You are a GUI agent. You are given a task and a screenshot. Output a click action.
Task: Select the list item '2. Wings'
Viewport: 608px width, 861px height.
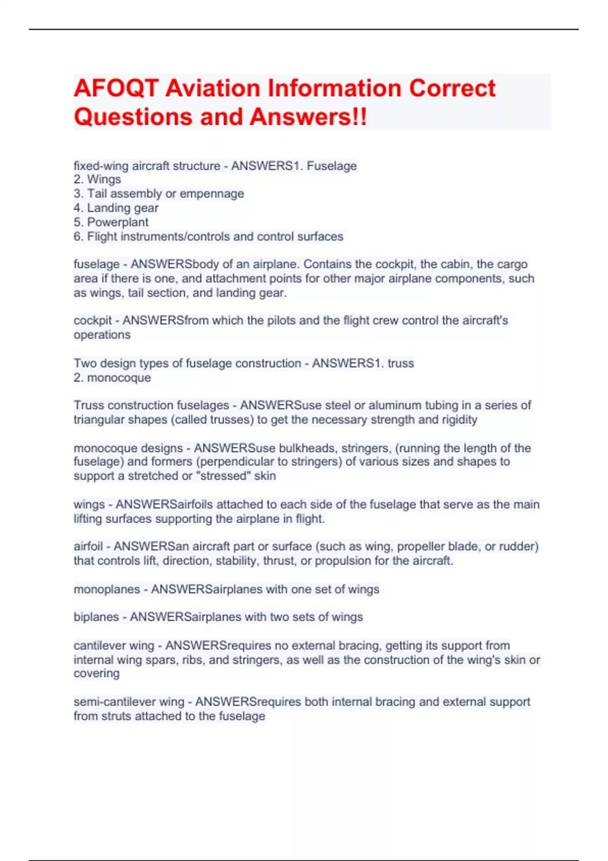click(x=97, y=179)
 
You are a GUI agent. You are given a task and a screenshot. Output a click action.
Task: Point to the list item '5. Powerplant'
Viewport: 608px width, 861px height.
click(x=111, y=222)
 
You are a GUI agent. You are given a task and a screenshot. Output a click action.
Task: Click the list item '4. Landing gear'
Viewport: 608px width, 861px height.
click(x=116, y=208)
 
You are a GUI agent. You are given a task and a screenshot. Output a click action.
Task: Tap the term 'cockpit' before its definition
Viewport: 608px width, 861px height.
click(x=93, y=321)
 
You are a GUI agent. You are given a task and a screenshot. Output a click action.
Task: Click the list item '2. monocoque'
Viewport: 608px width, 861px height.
click(x=112, y=378)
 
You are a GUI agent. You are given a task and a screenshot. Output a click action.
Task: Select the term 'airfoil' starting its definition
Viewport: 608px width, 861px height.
click(x=88, y=546)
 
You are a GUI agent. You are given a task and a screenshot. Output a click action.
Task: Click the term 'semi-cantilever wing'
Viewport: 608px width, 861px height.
click(x=129, y=702)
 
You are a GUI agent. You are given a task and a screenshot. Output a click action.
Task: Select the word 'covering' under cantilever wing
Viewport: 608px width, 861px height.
click(x=96, y=674)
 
